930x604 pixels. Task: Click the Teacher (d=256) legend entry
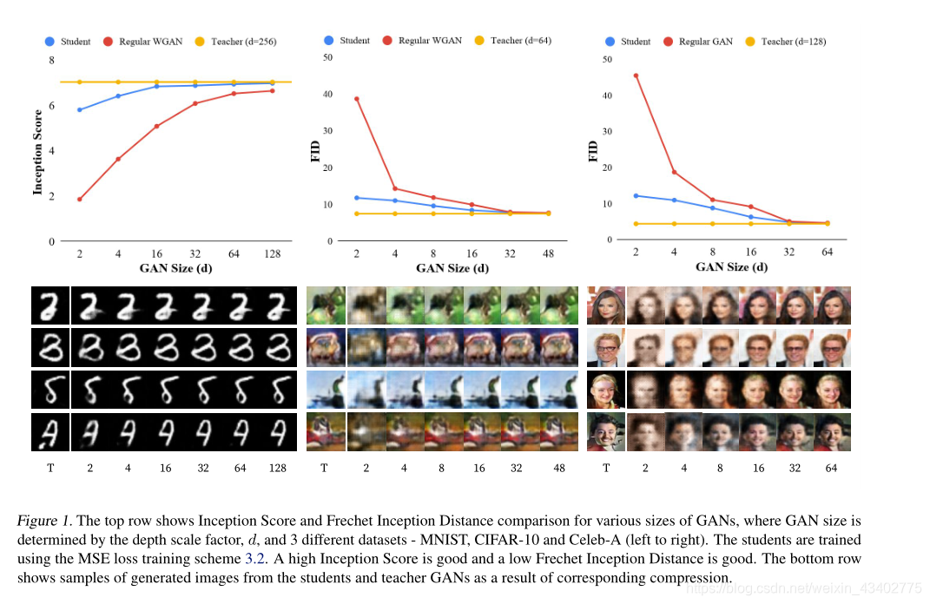[232, 42]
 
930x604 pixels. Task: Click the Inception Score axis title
[37, 151]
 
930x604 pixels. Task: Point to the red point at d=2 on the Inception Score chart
[79, 200]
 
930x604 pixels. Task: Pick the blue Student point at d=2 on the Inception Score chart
[79, 110]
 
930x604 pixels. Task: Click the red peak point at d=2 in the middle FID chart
[357, 99]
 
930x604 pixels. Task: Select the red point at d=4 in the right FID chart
[673, 173]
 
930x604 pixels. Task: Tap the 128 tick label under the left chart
[272, 253]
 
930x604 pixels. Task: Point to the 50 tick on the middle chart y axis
[327, 57]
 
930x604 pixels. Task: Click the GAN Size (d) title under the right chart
[731, 267]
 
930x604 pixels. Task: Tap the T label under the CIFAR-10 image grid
[324, 469]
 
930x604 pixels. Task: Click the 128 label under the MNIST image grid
[277, 469]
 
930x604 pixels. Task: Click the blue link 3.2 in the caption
[280, 540]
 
